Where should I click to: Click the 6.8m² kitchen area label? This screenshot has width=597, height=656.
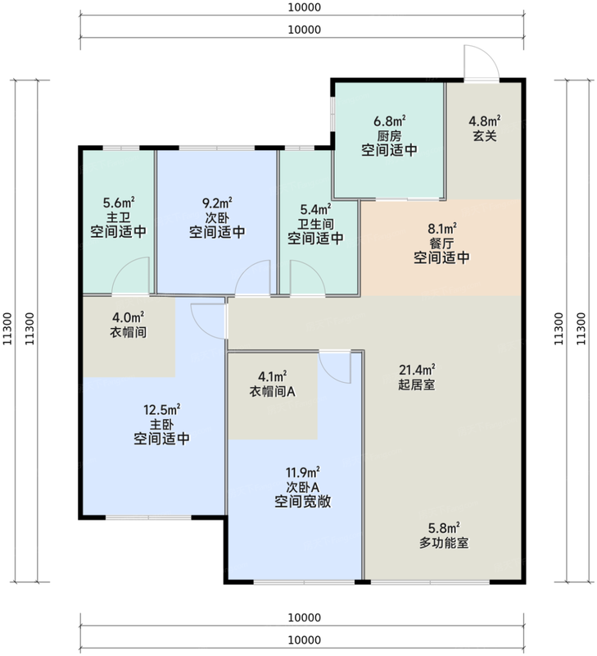[390, 121]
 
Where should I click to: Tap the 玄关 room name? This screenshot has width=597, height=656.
[485, 136]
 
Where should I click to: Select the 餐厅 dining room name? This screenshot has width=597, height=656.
[441, 243]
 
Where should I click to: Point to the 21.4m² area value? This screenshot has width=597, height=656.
[417, 370]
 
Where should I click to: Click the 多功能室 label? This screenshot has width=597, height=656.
[444, 543]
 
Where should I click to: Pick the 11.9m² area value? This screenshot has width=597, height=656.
[302, 473]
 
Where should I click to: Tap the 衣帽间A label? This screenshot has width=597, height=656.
[273, 391]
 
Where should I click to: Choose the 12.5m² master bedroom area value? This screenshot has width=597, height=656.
[161, 409]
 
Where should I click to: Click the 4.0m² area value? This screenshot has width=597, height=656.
[129, 317]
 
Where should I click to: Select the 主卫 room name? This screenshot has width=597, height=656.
[119, 217]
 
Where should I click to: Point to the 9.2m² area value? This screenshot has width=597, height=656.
[217, 203]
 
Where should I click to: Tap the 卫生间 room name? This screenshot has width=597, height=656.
[315, 224]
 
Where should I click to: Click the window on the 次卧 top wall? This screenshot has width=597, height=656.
[217, 148]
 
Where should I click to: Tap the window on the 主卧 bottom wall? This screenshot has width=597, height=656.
[148, 517]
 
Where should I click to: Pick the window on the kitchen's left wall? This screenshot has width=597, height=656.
[333, 114]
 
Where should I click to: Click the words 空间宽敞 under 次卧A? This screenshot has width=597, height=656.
[302, 502]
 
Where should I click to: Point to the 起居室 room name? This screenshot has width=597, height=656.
[417, 385]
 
